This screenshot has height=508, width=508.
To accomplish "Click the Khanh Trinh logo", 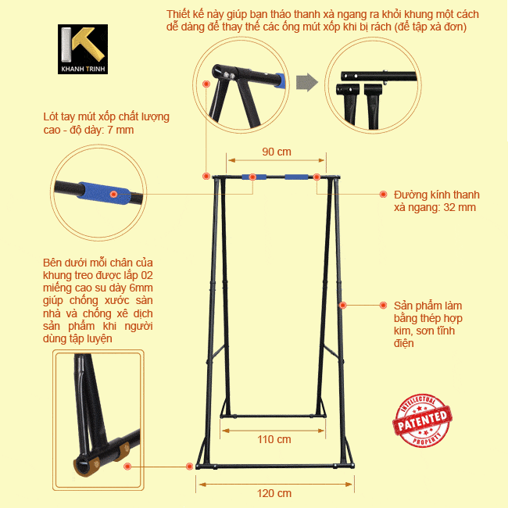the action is coord(83,49).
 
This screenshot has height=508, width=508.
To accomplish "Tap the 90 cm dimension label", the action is coord(277,152).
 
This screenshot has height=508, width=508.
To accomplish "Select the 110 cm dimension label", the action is coord(274,439).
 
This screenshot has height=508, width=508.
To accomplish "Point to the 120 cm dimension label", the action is coord(274,493).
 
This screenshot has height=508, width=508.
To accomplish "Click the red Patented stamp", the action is coord(422,420).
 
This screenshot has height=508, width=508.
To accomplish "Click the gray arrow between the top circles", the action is coord(307,82).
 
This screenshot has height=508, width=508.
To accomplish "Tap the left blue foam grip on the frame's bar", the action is coord(254,177).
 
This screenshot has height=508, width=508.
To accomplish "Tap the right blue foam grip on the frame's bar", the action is coord(296,177).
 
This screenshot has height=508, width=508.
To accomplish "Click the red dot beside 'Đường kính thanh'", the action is coord(383,194).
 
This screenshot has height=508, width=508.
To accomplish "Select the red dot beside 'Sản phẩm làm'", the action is coord(383,305).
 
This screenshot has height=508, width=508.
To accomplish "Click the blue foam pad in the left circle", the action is coord(104,193).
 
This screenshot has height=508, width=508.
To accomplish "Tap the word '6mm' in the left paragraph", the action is coord(141,288).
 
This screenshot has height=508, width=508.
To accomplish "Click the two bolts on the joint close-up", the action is coord(229,76).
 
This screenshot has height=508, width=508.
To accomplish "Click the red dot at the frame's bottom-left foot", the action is coord(190,467).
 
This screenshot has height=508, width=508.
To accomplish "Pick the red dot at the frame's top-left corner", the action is coord(206,176).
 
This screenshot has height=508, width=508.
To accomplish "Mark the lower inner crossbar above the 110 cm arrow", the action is coord(273,416).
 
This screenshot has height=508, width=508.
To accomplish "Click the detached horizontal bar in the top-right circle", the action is coord(378,77).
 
